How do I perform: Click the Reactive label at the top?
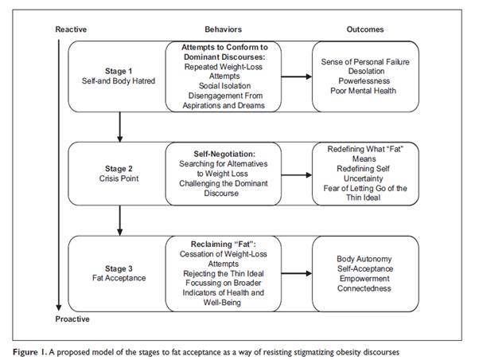coord(71,29)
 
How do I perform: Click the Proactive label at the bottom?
coord(72,319)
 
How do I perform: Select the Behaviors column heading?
coord(224,29)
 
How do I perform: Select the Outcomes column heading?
coord(365,29)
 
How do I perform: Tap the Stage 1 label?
coord(119,71)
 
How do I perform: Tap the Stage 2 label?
coord(119,169)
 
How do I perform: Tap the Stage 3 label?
coord(119,269)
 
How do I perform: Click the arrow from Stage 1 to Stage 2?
coord(119,127)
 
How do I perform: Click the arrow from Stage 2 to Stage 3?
coord(119,221)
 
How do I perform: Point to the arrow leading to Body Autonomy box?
coord(296,273)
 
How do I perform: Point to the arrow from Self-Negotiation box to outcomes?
coord(296,175)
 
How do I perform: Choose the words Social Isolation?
coord(224,86)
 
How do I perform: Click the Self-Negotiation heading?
coord(224,155)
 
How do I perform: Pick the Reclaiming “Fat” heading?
coord(224,245)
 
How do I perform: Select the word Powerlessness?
coord(364,81)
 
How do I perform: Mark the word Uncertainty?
coord(363,178)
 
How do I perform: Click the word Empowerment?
coord(364,279)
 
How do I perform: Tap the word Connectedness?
coord(364,288)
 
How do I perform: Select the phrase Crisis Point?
coord(119,178)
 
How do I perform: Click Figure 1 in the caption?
coord(30,352)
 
